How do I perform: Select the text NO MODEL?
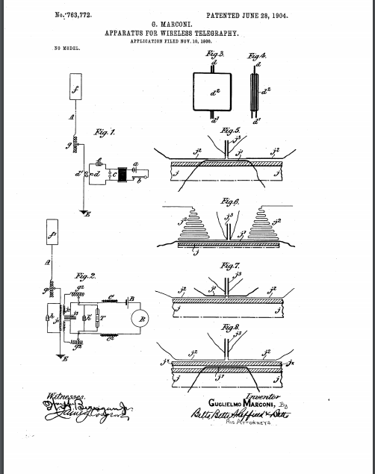coord(66,49)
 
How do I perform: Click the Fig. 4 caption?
coord(258,56)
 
